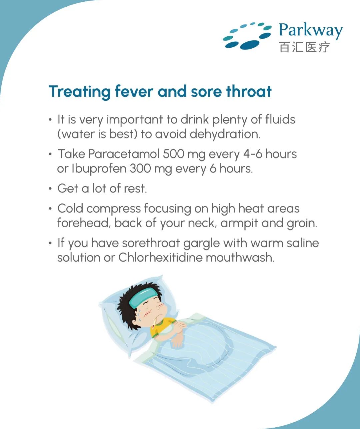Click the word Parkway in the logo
pyautogui.click(x=311, y=31)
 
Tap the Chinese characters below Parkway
pyautogui.click(x=305, y=47)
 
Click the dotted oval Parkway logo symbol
pyautogui.click(x=247, y=36)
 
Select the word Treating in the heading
pyautogui.click(x=79, y=92)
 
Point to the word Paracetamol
pyautogui.click(x=124, y=154)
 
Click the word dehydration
pyautogui.click(x=225, y=134)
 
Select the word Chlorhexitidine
pyautogui.click(x=160, y=258)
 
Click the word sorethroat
pyautogui.click(x=151, y=243)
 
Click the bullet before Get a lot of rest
pyautogui.click(x=50, y=188)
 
